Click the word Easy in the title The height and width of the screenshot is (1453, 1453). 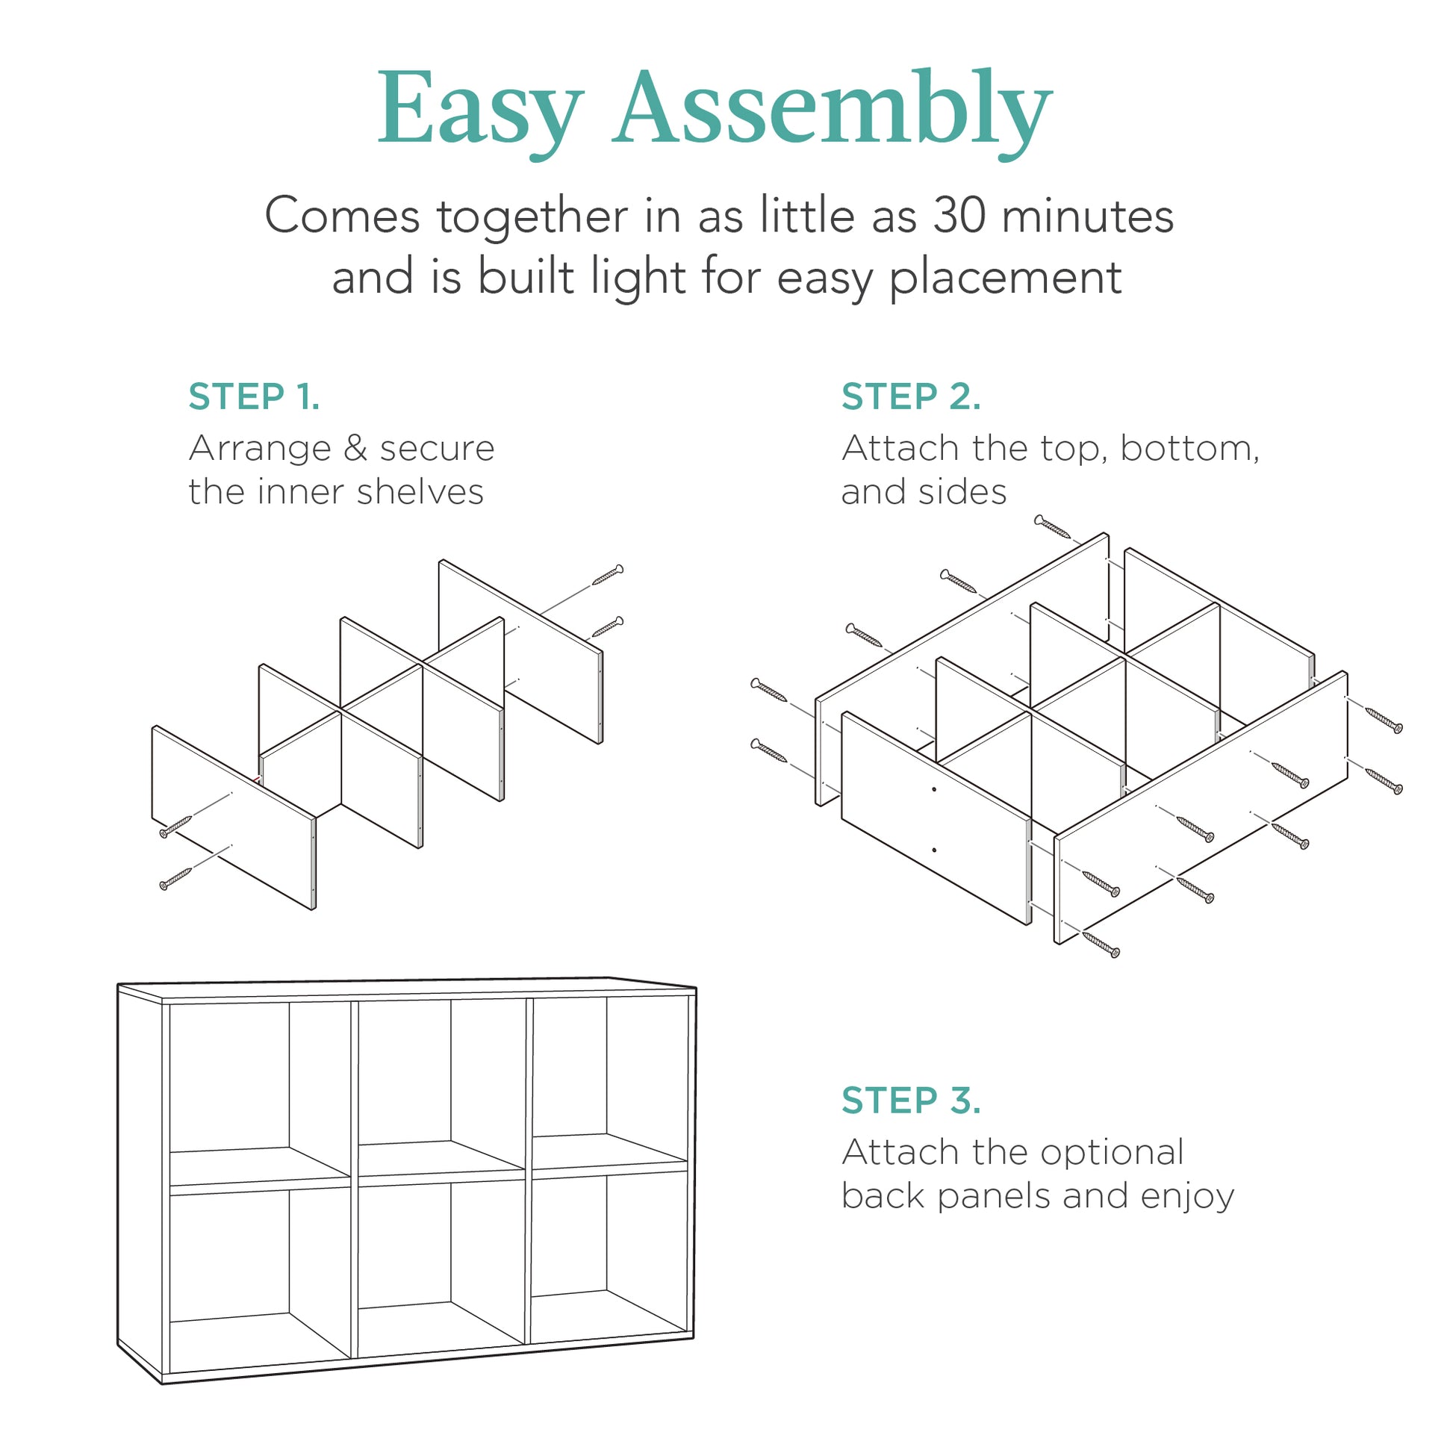tap(479, 109)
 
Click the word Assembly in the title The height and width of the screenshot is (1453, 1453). tap(832, 109)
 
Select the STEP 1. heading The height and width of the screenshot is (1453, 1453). tap(254, 396)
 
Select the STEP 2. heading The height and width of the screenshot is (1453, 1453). tap(911, 396)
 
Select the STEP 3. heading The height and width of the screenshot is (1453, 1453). tap(911, 1101)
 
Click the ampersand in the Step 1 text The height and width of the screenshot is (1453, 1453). tap(355, 448)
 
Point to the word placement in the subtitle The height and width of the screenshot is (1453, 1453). tap(1006, 278)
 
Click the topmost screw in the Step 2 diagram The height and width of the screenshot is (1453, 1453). tap(1052, 527)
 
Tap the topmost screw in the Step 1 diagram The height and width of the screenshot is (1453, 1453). tap(608, 575)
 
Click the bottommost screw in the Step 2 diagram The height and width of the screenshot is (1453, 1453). tap(1101, 944)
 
